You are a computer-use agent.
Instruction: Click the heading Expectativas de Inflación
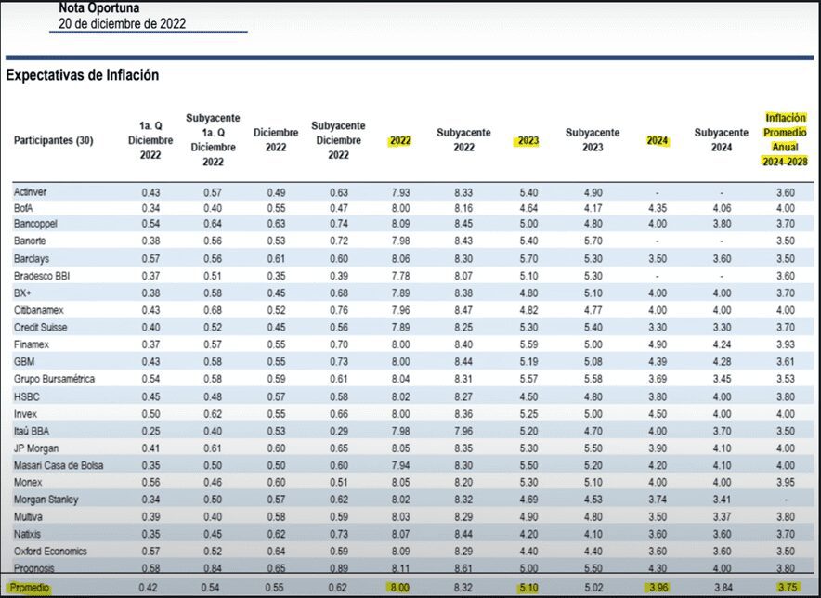83,75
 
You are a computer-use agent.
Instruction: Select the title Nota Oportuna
99,7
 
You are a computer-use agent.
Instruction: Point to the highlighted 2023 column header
528,141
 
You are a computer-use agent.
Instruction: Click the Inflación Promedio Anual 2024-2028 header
786,139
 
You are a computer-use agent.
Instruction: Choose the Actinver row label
33,191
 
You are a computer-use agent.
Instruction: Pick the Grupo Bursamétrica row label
54,379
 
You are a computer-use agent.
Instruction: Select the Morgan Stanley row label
47,499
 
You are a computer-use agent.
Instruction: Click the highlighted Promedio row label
31,587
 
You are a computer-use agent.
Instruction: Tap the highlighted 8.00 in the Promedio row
400,587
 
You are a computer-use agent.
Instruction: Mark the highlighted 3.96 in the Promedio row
657,587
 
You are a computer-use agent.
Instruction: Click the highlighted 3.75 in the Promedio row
786,587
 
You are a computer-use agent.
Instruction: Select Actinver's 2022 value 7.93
400,191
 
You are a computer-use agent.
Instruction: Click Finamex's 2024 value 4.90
657,344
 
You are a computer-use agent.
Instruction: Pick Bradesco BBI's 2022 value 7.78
400,276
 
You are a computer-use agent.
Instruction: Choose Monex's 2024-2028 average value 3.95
786,482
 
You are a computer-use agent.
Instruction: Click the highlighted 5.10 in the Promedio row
528,587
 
